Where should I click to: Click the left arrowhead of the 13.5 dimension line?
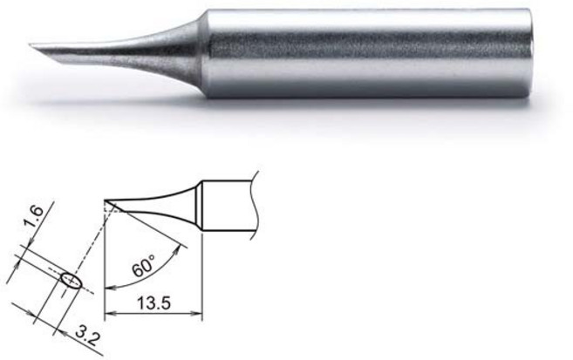click(x=108, y=316)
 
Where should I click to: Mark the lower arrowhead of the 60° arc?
click(x=108, y=286)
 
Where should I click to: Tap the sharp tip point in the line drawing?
click(x=105, y=201)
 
